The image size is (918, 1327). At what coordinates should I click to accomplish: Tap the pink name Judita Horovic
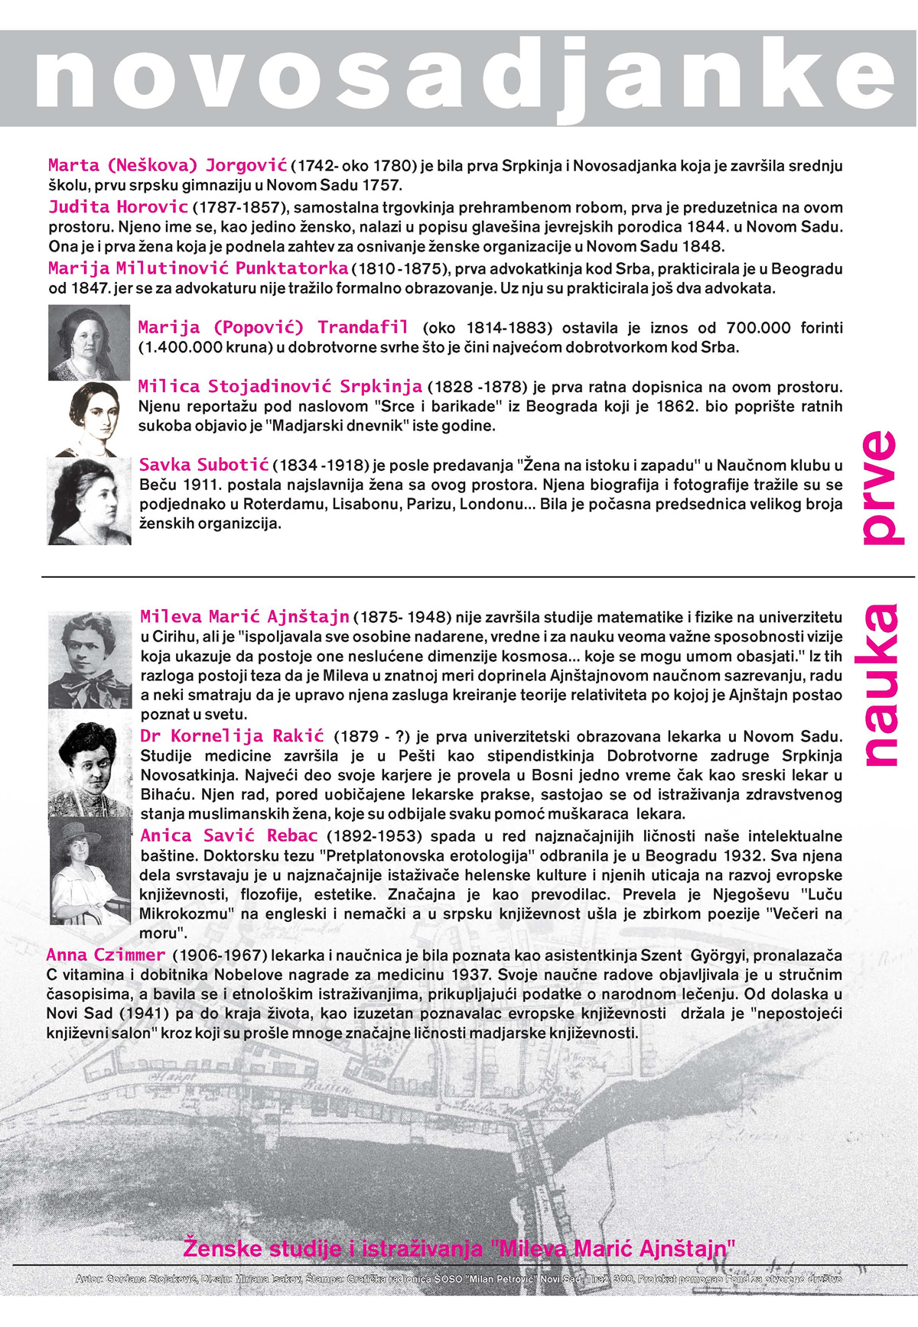point(119,206)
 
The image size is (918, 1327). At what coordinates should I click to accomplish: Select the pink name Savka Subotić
point(204,465)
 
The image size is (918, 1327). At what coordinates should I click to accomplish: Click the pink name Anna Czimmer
point(106,955)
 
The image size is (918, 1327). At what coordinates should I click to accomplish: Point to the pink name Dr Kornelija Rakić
point(233,736)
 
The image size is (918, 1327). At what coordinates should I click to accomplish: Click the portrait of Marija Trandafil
point(89,342)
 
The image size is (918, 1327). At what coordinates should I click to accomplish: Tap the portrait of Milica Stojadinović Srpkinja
point(90,419)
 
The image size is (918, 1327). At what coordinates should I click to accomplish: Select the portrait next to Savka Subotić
point(90,501)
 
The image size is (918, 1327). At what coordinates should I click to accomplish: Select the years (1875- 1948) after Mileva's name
point(404,617)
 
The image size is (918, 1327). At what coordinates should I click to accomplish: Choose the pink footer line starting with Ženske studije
point(459,1248)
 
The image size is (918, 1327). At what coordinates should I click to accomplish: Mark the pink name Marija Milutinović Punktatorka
point(198,268)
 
